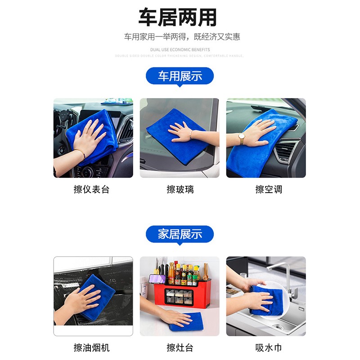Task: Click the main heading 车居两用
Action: (x=177, y=18)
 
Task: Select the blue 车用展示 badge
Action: (x=180, y=76)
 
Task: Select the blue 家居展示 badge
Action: (x=180, y=234)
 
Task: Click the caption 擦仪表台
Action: (x=91, y=189)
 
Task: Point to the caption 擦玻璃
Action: (x=180, y=189)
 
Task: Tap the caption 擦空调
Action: (x=269, y=189)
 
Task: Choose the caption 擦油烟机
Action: (x=91, y=347)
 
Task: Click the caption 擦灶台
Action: (x=180, y=347)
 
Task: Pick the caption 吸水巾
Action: (x=269, y=347)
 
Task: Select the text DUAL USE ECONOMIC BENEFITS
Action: (x=180, y=49)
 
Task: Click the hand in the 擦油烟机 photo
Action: (x=83, y=299)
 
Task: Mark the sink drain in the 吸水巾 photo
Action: (x=279, y=327)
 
